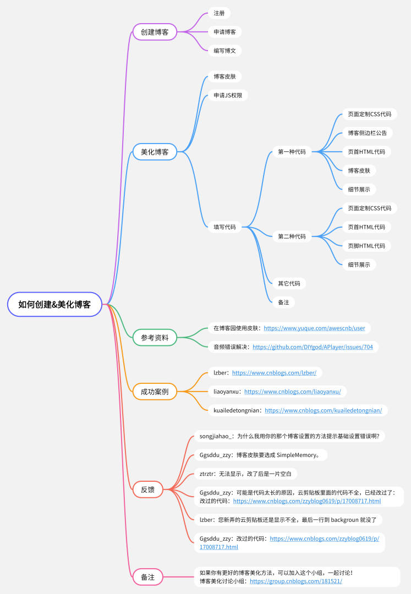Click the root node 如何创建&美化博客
click(x=54, y=304)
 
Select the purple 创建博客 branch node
click(x=155, y=31)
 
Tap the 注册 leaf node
click(x=219, y=13)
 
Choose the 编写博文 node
click(x=224, y=50)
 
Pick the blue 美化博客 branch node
click(x=155, y=151)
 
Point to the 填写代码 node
click(x=224, y=227)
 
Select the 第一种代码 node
click(x=292, y=152)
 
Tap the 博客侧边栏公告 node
click(x=367, y=133)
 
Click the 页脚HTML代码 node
click(x=366, y=245)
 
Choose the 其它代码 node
click(x=289, y=283)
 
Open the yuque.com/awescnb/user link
click(x=314, y=328)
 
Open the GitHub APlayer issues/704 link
click(x=313, y=347)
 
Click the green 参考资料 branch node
click(x=155, y=337)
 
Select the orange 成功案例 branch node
click(x=155, y=392)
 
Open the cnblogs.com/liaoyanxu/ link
click(x=292, y=392)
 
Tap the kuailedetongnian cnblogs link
click(x=323, y=410)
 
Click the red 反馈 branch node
click(x=147, y=489)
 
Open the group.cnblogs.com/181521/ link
click(x=295, y=581)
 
